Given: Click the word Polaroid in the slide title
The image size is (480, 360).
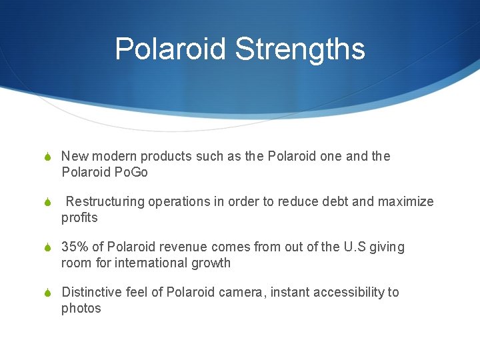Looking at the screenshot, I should [171, 49].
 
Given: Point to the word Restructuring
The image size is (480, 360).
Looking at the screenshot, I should [106, 202].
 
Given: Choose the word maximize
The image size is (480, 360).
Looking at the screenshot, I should [406, 202].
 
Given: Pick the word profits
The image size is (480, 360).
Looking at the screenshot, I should [79, 218].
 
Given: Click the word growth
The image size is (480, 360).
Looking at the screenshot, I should [213, 263].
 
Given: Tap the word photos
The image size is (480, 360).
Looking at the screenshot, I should [81, 309].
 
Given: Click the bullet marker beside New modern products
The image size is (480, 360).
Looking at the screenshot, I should [48, 157].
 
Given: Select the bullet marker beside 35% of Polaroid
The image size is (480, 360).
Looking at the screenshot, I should [48, 248].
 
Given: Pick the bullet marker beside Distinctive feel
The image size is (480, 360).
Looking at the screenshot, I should [48, 293].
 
